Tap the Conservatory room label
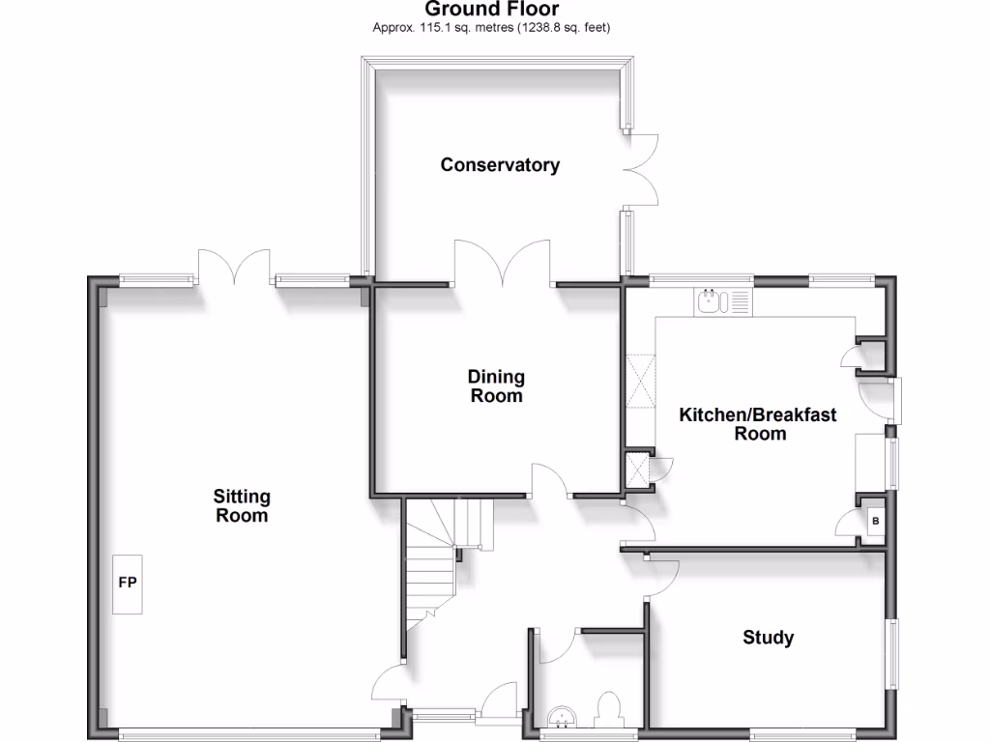pos(500,165)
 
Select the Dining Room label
pos(496,385)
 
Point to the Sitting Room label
pos(242,505)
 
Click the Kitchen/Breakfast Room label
pos(758,423)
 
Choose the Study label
pos(769,638)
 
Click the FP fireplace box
pos(127,584)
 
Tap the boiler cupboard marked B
pos(875,522)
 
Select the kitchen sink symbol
pos(712,302)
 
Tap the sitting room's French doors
pos(235,267)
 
